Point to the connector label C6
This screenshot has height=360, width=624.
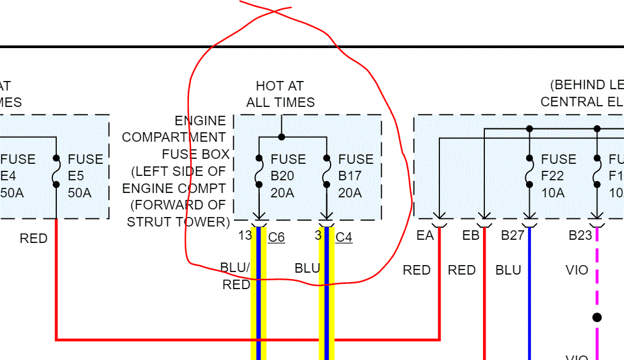tap(276, 237)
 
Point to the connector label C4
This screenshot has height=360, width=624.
tap(344, 237)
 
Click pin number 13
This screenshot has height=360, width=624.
tap(245, 236)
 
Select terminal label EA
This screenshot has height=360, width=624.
tap(425, 236)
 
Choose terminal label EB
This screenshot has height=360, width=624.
tap(471, 236)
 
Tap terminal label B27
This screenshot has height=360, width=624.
tap(513, 236)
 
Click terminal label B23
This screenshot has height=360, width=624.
tap(580, 236)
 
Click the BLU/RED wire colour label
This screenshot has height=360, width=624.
tap(235, 276)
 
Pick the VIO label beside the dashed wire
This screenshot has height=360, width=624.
tap(577, 270)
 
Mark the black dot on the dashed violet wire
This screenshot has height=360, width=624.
tap(597, 317)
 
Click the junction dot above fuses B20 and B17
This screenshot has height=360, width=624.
tap(281, 136)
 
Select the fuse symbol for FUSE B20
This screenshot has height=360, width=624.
tap(259, 171)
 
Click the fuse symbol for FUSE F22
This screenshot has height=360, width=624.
tap(529, 171)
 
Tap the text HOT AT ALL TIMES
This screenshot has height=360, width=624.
tap(280, 94)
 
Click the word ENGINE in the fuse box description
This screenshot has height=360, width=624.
tap(200, 121)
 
